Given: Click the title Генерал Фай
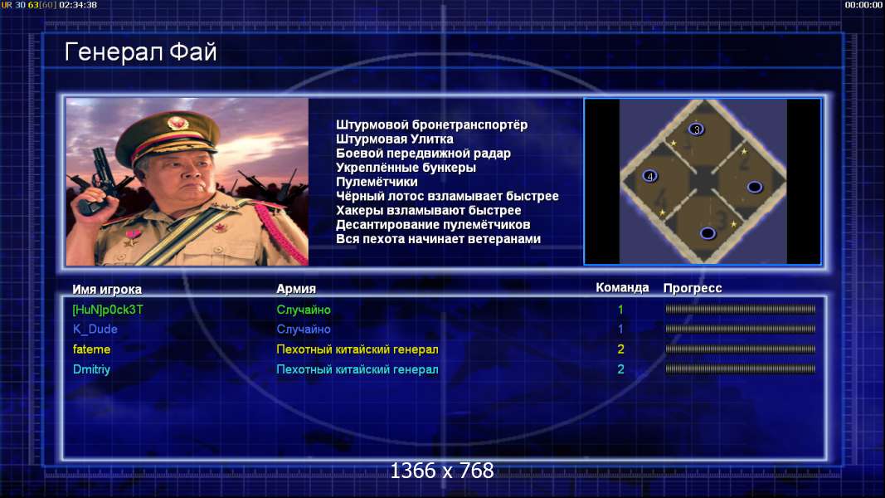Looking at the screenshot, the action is (140, 52).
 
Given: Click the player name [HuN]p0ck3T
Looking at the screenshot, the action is (108, 310).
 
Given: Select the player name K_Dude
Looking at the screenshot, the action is (95, 330).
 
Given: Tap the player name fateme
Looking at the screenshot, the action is (91, 349).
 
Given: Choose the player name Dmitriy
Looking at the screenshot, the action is (91, 369).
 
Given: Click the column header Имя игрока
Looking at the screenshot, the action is (107, 289).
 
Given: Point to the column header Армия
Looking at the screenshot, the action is (296, 289).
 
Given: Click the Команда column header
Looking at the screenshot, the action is (622, 287).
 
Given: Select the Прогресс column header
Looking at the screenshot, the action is (693, 288).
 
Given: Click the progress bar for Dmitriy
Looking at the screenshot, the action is (741, 369).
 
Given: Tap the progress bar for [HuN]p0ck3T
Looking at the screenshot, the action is (741, 310).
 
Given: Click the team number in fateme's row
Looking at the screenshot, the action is (621, 349).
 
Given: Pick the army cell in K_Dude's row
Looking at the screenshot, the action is (304, 330).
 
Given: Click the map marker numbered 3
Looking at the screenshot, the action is (697, 129).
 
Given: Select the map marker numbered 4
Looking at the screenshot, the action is (649, 176).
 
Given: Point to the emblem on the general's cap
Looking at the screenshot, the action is (177, 124).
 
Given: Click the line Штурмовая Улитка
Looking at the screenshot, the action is (395, 139).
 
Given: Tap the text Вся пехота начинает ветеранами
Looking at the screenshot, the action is (439, 239).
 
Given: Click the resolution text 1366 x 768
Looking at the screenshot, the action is (442, 471).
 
